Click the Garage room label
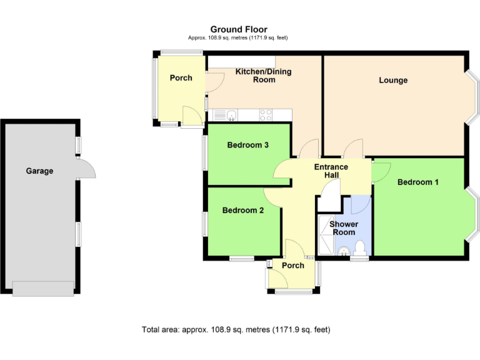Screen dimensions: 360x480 (39, 171)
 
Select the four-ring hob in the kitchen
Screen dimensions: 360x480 (266, 114)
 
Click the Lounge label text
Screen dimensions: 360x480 (393, 80)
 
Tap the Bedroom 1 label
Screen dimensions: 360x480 (417, 182)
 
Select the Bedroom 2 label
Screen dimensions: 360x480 (242, 211)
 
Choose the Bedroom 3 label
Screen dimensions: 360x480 (247, 145)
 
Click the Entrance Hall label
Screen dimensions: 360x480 (331, 171)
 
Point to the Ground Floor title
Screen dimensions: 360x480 (238, 29)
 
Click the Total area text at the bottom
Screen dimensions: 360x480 (236, 329)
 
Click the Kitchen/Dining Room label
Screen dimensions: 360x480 (263, 76)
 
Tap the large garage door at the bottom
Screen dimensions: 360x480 (42, 289)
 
